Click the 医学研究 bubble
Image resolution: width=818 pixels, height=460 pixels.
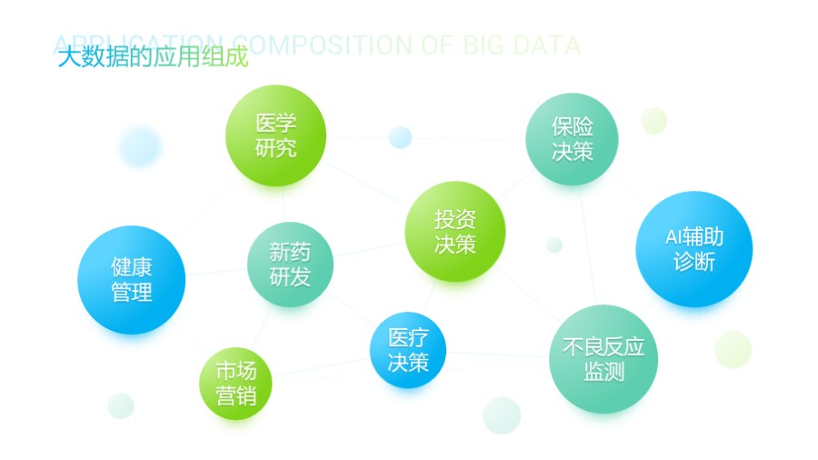point(275,135)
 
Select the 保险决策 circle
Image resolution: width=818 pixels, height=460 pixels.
point(572,139)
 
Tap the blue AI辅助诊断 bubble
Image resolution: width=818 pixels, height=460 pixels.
point(693,249)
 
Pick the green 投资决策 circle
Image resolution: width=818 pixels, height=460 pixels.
point(454,232)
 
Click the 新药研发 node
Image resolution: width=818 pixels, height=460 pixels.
point(290,265)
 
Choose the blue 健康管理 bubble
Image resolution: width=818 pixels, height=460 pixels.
point(132,279)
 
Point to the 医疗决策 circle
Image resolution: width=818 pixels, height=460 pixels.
point(408,350)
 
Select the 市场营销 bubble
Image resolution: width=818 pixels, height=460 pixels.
point(235,383)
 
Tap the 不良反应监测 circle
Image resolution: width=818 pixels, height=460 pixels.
point(604,359)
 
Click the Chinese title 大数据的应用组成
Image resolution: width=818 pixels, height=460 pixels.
point(152,59)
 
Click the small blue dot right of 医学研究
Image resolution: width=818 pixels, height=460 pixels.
point(400,137)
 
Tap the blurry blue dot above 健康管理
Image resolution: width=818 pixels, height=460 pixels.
point(139,145)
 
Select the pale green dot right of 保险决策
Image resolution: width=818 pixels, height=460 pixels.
point(653,121)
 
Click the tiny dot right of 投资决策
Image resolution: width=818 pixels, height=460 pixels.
point(554,245)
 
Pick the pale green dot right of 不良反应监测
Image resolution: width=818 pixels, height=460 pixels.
point(733,349)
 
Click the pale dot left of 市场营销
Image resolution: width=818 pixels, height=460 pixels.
point(121,405)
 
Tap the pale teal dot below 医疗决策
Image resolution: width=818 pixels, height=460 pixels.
point(502,415)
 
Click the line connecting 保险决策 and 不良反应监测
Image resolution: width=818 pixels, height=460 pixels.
point(586,245)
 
